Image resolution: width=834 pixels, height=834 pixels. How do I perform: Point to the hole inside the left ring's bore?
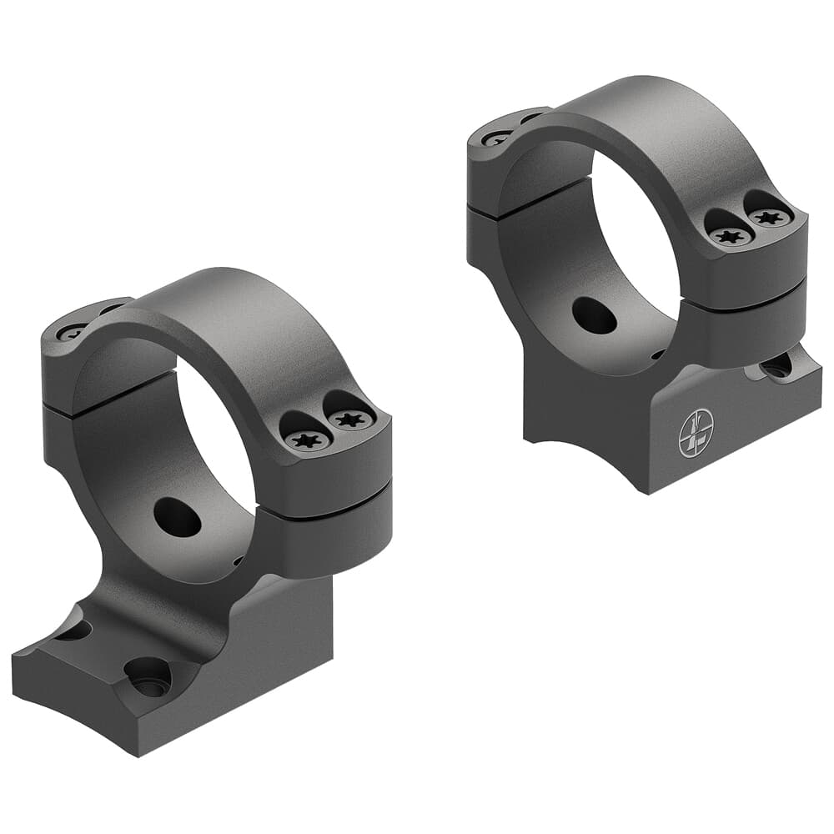(178, 517)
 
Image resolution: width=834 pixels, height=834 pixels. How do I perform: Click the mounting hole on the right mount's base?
(777, 365)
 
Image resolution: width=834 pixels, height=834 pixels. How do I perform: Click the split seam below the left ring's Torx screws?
(325, 510)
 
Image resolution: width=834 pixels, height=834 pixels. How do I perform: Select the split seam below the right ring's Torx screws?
(742, 304)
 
